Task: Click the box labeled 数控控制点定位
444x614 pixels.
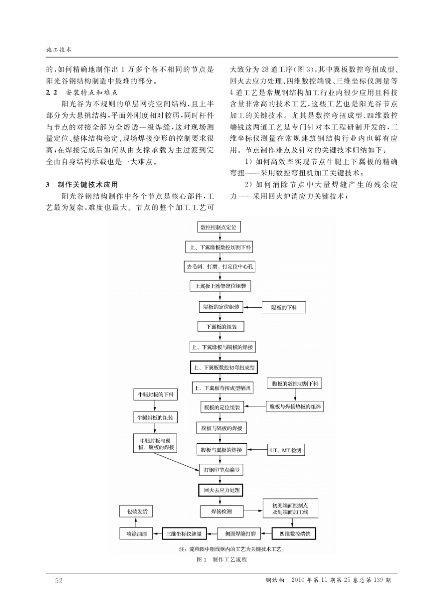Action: tap(219, 227)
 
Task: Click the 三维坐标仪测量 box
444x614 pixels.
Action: tap(184, 533)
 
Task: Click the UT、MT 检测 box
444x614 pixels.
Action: tap(285, 450)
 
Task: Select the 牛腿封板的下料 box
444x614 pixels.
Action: tap(155, 395)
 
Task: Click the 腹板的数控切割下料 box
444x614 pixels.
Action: tap(295, 383)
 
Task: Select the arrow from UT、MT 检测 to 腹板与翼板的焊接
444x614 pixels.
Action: tap(256, 450)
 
